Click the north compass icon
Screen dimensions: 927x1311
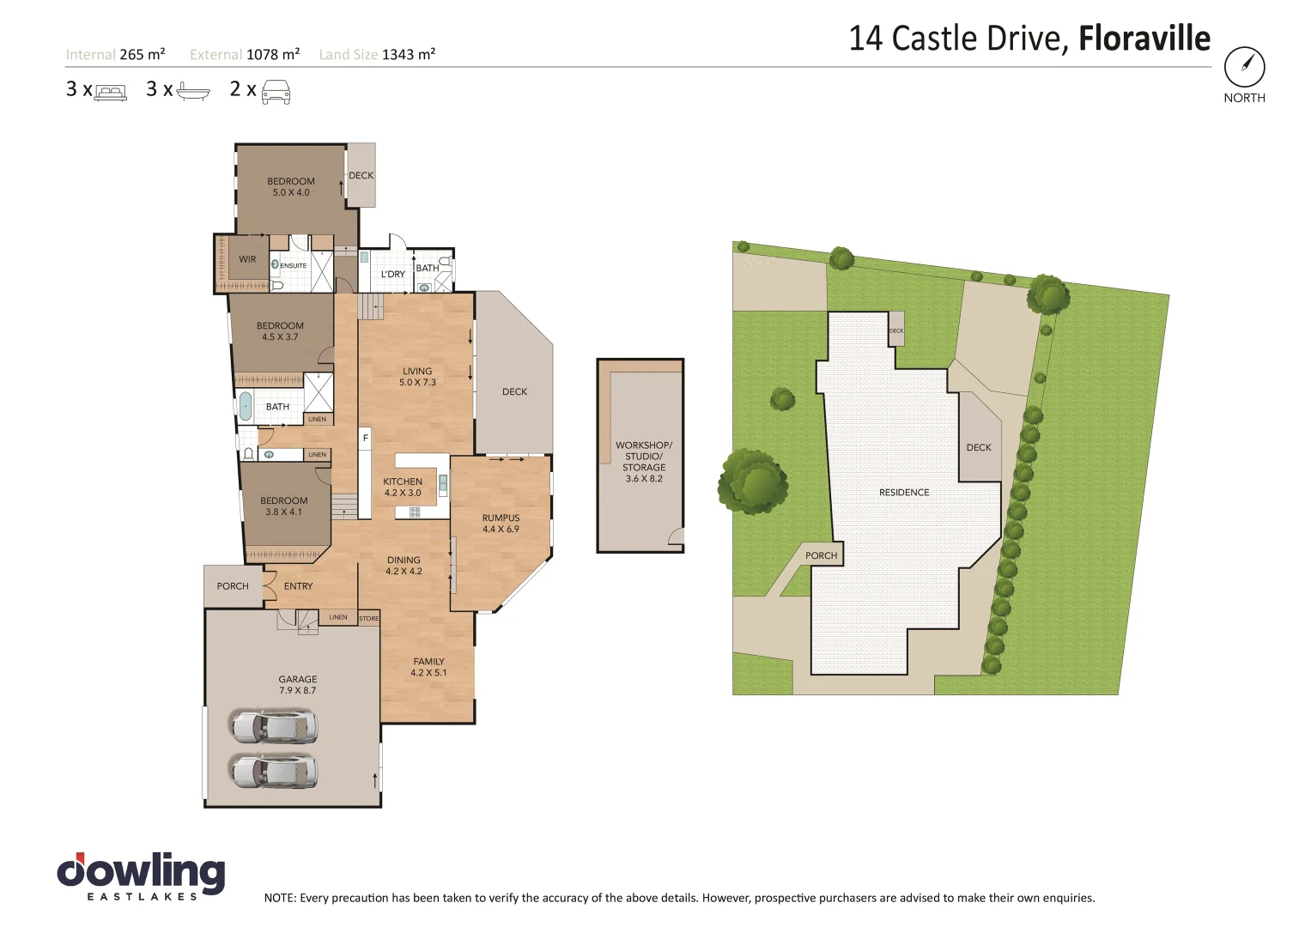click(x=1244, y=67)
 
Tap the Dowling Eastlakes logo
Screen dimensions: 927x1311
click(x=142, y=875)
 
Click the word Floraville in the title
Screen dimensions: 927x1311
click(x=1144, y=39)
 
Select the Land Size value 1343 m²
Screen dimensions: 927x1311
click(x=409, y=54)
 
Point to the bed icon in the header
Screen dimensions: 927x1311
click(x=110, y=91)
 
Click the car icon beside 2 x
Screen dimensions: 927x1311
click(x=276, y=91)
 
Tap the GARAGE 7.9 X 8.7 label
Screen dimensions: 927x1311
click(x=298, y=684)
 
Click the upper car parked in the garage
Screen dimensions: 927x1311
click(x=274, y=726)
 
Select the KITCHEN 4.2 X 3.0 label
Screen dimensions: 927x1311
click(x=403, y=487)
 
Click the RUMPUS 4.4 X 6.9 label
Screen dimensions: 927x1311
click(x=501, y=523)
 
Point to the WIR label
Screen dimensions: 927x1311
click(x=247, y=259)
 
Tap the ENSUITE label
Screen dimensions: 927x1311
click(x=293, y=266)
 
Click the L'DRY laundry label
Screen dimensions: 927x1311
click(x=392, y=275)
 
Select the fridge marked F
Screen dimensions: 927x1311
click(x=365, y=439)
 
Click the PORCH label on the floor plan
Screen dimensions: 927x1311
click(x=233, y=586)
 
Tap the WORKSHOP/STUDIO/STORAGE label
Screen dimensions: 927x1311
click(x=644, y=462)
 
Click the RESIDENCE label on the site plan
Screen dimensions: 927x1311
click(x=904, y=493)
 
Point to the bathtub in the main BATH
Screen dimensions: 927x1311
click(x=245, y=406)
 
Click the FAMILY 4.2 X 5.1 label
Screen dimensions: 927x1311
click(x=428, y=667)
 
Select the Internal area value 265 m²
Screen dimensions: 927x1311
click(x=143, y=54)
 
